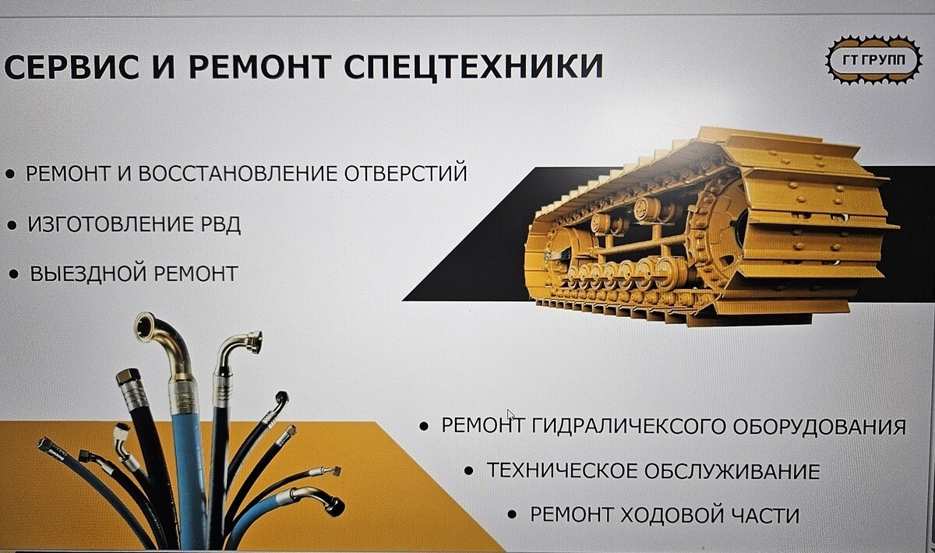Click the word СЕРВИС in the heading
(x=72, y=66)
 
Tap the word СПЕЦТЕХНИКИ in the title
(x=474, y=66)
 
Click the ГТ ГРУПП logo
(x=873, y=60)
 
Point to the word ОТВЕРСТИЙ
(x=405, y=173)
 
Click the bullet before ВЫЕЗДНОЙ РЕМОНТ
(x=14, y=274)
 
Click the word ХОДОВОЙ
(x=671, y=515)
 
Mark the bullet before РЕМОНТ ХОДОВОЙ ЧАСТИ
(x=512, y=514)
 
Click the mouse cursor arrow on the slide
(x=510, y=415)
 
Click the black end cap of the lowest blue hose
(x=337, y=507)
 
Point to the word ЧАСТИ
(x=765, y=515)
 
